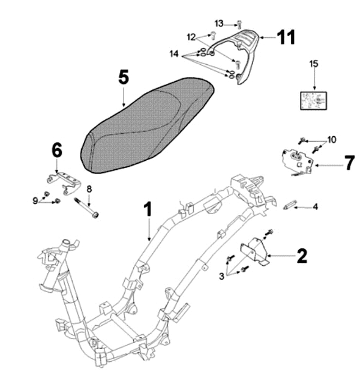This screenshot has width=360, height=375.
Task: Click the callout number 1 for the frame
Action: click(148, 210)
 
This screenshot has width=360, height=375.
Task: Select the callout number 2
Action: click(302, 256)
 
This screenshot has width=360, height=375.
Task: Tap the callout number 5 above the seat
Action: click(123, 77)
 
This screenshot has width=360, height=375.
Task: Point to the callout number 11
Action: click(286, 37)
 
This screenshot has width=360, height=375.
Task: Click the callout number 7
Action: click(349, 163)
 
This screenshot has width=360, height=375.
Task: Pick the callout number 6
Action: click(56, 150)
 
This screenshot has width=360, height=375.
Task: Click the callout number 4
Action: click(315, 207)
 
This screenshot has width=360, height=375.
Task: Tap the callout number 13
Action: click(219, 23)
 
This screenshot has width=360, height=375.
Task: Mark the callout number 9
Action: click(35, 200)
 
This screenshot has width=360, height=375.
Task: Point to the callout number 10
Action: click(332, 139)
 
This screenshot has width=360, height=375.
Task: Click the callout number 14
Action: click(174, 53)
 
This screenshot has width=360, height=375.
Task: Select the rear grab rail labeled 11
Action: click(243, 57)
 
